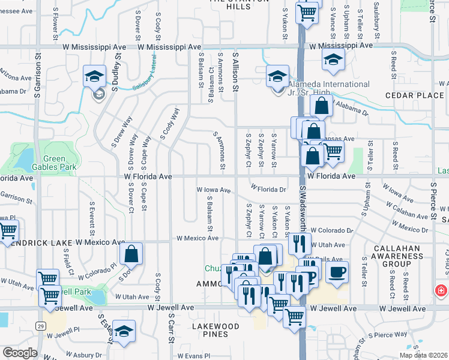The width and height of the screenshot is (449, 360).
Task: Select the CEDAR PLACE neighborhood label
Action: pos(414,95)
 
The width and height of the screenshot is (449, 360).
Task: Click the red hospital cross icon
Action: pos(441,290)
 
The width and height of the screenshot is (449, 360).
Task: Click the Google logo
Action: pos(19,353)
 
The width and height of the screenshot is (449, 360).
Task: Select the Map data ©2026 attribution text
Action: pos(423,355)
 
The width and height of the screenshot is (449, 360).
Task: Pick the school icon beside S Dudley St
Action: pos(95,76)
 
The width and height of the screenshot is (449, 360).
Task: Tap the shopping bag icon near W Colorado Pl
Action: pos(131,254)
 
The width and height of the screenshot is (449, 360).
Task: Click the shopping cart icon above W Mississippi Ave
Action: pos(307,11)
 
